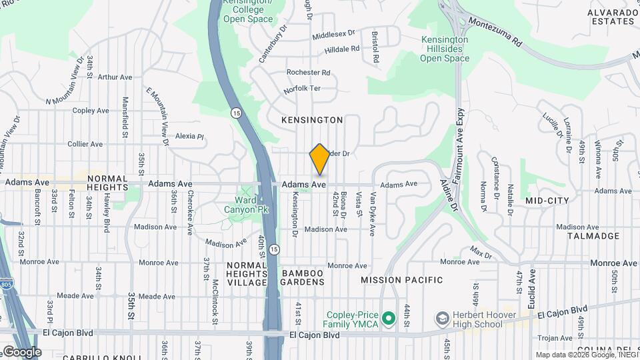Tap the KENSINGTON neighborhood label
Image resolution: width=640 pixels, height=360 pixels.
coord(312,120)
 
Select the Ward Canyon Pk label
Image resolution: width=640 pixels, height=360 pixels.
coord(251,205)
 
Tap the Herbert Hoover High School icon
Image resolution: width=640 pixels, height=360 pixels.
coord(441,319)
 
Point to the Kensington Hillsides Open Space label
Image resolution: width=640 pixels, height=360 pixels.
coord(445,49)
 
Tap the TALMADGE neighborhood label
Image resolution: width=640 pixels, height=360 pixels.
coord(593,236)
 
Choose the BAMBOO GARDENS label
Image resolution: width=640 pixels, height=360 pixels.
coord(303,277)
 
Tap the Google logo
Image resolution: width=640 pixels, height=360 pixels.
coord(21,351)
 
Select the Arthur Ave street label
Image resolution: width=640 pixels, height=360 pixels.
coord(115,77)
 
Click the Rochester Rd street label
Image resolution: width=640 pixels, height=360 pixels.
coord(308,72)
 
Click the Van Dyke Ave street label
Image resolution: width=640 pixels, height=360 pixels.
coord(373,215)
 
